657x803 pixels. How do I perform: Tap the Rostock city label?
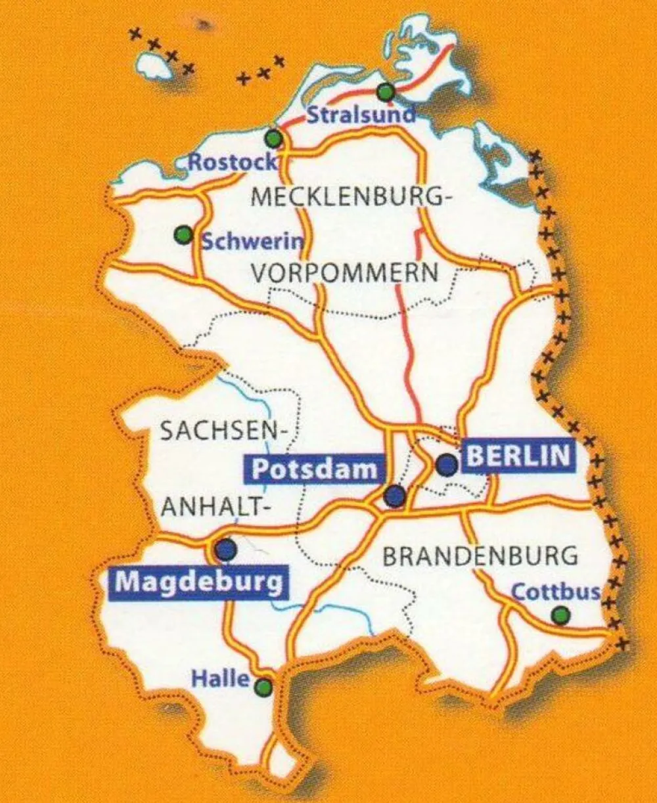point(233,162)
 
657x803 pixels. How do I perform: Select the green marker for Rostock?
point(274,139)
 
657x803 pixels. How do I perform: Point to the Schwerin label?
point(253,242)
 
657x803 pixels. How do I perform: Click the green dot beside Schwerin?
point(183,234)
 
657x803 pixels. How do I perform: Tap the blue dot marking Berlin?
point(447,465)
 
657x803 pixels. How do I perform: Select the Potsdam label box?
point(315,469)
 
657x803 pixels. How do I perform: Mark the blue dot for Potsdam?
point(395,496)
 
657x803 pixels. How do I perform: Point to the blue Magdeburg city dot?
point(226,549)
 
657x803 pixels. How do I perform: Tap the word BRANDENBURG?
point(480,556)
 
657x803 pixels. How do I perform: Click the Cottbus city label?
point(555,592)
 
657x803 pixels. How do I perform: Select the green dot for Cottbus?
point(560,615)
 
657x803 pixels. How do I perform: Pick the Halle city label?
point(220,678)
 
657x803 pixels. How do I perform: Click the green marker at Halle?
point(263,687)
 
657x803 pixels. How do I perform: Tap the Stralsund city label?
point(361,114)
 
